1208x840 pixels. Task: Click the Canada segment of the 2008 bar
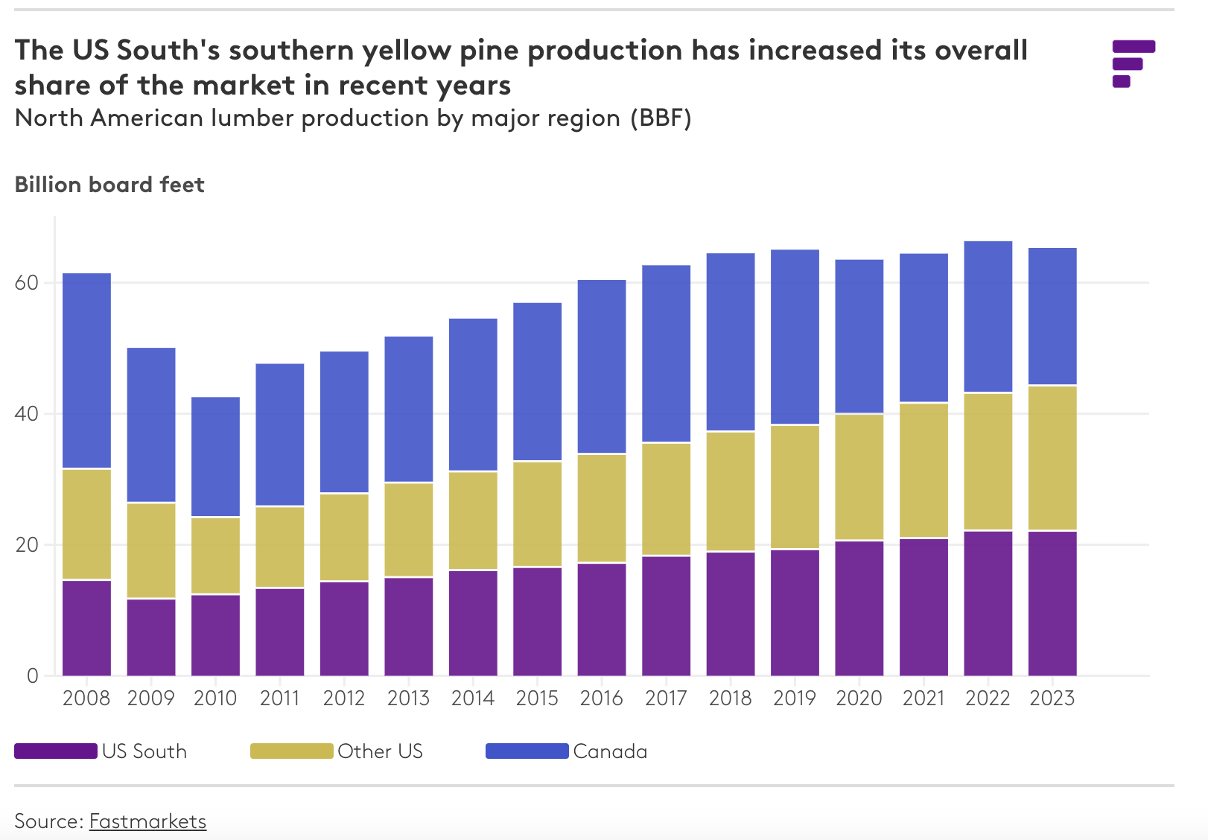(86, 370)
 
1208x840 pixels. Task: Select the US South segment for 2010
(215, 634)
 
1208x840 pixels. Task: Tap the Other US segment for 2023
(1052, 457)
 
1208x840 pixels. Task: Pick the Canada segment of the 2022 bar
(988, 316)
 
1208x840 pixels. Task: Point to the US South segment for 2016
(602, 619)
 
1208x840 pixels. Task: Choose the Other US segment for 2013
(409, 529)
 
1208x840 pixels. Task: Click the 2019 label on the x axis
(795, 699)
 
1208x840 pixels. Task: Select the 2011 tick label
(280, 699)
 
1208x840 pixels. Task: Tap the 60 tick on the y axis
(26, 283)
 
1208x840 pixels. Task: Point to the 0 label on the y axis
(32, 676)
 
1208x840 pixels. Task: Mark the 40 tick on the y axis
(26, 414)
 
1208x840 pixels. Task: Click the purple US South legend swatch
(56, 751)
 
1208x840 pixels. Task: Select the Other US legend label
(380, 751)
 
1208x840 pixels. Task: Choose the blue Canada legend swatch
(527, 751)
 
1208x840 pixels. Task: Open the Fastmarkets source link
(147, 821)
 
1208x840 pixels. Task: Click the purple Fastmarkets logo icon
(1133, 63)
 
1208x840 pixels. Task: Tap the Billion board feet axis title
(109, 185)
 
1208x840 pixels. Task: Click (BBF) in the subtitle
(661, 118)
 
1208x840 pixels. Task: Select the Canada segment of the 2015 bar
(537, 381)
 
